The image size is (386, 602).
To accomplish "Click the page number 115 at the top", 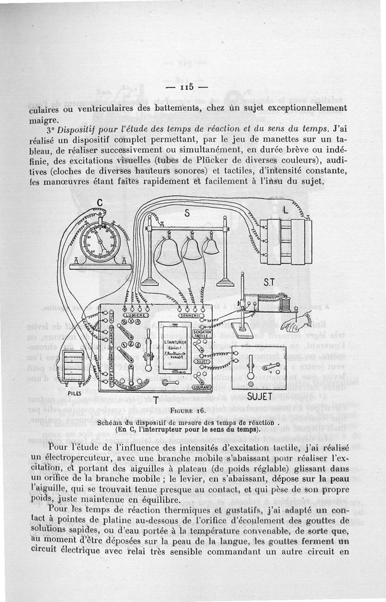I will coord(185,87).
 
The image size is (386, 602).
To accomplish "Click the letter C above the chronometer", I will coord(100,202).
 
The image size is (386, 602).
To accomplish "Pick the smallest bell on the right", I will coord(210,246).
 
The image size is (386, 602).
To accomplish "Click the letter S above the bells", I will coord(186,213).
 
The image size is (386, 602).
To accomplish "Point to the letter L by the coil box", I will coord(286,210).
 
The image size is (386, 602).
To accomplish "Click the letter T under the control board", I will coord(156,399).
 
